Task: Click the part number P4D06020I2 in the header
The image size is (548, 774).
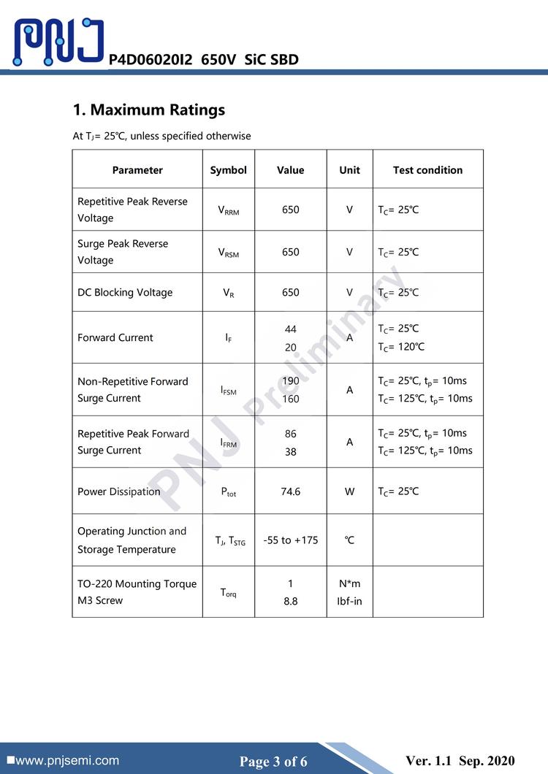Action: [x=150, y=60]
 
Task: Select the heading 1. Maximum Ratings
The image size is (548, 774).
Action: [x=149, y=110]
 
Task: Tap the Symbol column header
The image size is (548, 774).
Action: [x=228, y=170]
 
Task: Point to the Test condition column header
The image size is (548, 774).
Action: [x=427, y=170]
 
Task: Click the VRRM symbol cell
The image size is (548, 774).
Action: [x=228, y=210]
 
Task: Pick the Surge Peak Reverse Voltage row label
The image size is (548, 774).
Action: [x=123, y=252]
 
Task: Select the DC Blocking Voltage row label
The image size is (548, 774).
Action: [x=125, y=292]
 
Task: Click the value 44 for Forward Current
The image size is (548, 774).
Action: [x=290, y=329]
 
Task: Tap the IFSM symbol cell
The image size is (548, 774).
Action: [x=228, y=391]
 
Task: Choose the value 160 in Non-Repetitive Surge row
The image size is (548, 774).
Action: [x=290, y=399]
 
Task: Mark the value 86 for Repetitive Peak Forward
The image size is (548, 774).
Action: [x=290, y=434]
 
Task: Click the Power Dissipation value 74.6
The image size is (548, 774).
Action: [x=290, y=491]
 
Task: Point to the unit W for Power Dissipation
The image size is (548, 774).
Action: [x=349, y=491]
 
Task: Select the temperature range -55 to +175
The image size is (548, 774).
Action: [x=290, y=540]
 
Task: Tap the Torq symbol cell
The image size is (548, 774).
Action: [x=228, y=592]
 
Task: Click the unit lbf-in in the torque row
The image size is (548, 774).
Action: [x=349, y=601]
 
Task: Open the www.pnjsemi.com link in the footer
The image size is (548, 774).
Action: [x=66, y=760]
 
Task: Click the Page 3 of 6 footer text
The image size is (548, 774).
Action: [x=273, y=762]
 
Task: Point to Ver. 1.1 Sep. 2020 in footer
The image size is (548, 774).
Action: [x=460, y=760]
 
